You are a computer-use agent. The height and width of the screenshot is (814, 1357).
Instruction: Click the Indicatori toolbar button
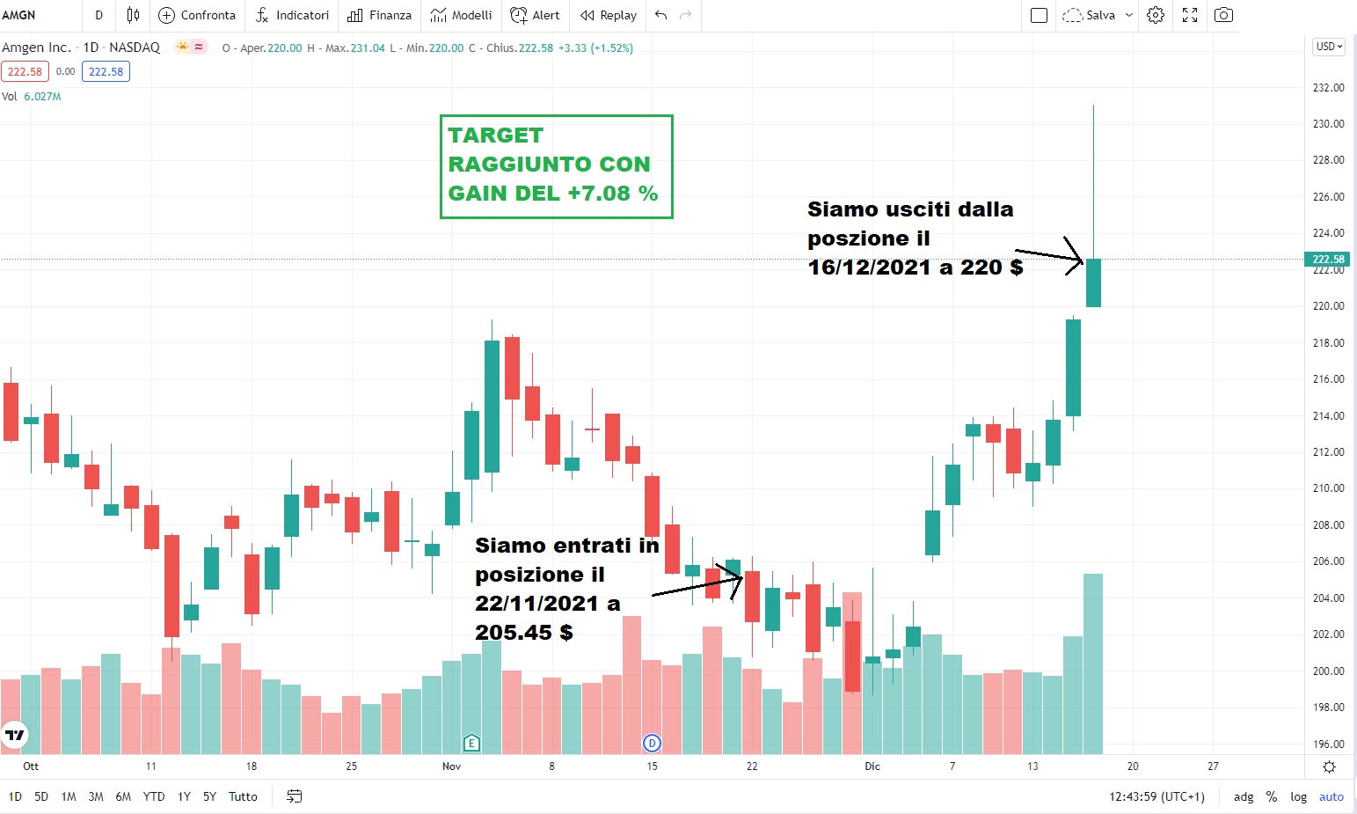[292, 15]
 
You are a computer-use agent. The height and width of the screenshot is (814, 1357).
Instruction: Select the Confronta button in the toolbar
[197, 15]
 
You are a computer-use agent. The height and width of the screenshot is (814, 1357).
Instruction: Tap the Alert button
[535, 15]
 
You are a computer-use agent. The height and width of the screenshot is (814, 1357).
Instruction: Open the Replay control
[608, 15]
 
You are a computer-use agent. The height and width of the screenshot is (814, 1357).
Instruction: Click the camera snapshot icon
[1223, 15]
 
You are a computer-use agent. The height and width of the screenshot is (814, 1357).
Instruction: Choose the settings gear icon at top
[1156, 15]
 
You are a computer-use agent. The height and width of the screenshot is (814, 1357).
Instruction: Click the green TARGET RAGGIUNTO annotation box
[556, 165]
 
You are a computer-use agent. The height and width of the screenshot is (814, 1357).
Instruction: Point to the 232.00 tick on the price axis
[1328, 88]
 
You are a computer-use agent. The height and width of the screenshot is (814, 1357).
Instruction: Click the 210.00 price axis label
[1328, 488]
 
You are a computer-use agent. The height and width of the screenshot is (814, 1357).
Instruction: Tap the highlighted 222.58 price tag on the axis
[1328, 259]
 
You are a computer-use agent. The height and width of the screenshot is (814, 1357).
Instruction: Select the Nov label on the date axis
[451, 766]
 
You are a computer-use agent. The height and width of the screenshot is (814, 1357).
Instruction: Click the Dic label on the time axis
[872, 766]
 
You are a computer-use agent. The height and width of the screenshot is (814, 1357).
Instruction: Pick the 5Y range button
[209, 796]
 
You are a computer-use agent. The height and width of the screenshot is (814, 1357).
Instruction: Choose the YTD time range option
[154, 796]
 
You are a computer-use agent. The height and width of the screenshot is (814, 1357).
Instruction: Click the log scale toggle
[1298, 796]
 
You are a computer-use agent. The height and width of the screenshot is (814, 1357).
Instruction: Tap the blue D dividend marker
[652, 743]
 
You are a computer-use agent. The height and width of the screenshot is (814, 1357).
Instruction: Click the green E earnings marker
[471, 743]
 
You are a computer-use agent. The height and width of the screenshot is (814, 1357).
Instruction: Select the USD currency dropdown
[1328, 47]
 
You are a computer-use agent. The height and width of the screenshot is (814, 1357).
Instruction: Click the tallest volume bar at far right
[1093, 664]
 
